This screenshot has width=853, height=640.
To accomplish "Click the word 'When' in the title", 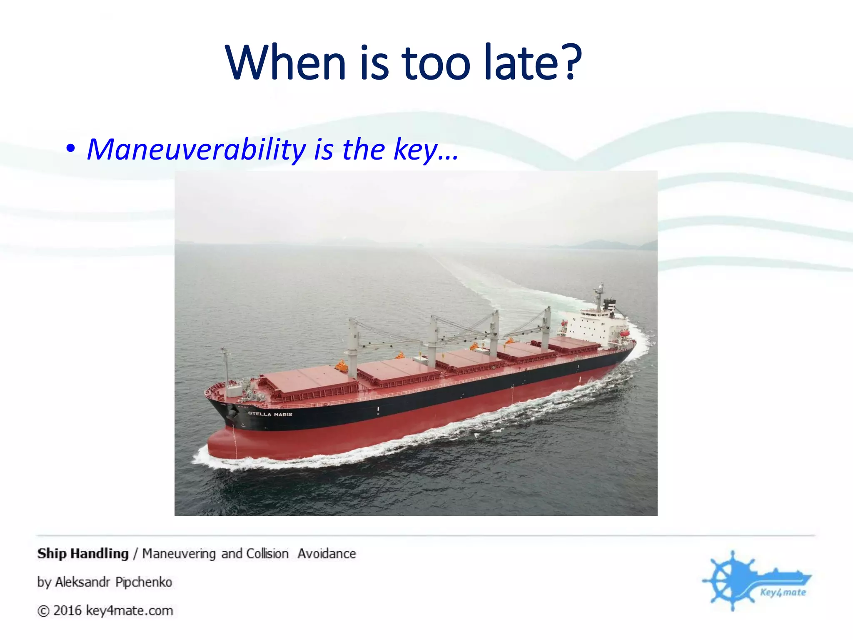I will (x=286, y=63).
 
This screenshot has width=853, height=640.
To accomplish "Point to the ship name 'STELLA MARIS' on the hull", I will (x=270, y=414).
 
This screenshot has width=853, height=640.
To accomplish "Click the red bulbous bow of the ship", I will (x=225, y=444).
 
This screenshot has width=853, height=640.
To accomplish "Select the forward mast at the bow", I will (x=225, y=367).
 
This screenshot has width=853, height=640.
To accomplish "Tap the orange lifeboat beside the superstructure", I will (x=624, y=333).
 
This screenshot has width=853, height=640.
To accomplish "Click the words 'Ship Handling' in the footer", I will (x=83, y=554).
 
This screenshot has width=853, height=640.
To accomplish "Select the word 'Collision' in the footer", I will (x=267, y=554).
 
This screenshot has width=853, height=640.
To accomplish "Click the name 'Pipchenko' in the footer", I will (x=144, y=582).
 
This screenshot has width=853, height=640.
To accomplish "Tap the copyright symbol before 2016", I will (x=43, y=611).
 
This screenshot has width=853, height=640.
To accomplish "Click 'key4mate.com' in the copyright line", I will (x=130, y=611).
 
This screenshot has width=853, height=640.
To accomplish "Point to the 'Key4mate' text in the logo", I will (x=783, y=592).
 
